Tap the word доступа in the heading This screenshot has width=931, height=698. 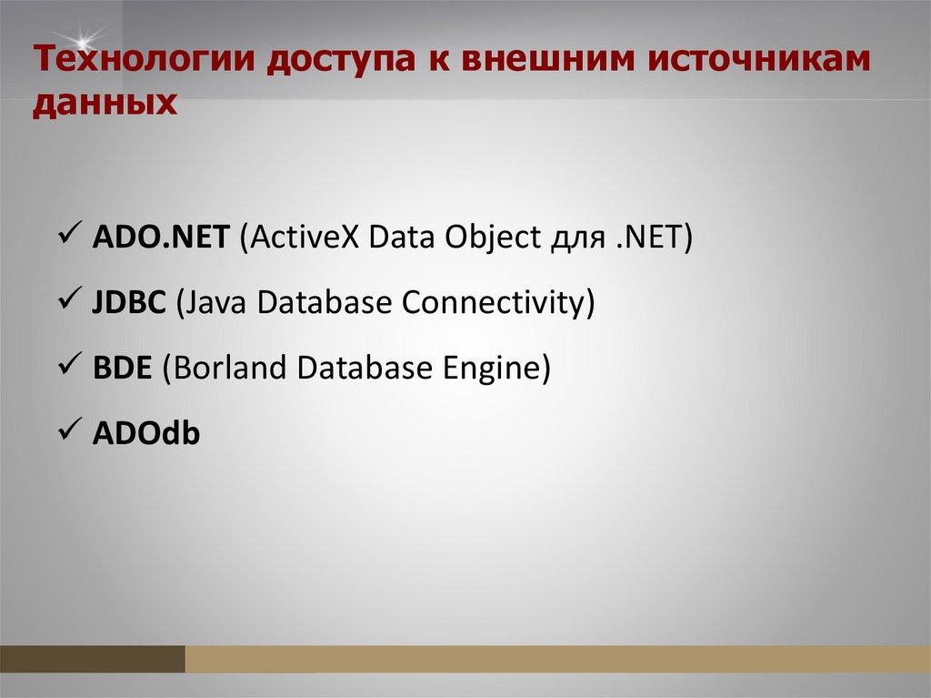341,62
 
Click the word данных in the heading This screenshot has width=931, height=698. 105,102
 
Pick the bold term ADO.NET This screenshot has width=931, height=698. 160,237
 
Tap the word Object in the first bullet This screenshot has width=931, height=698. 493,238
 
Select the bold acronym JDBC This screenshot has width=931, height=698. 129,302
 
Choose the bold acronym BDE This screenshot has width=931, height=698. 123,368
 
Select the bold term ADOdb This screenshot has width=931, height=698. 146,432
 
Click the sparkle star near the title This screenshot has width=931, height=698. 81,41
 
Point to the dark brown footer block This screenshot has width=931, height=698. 93,659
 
